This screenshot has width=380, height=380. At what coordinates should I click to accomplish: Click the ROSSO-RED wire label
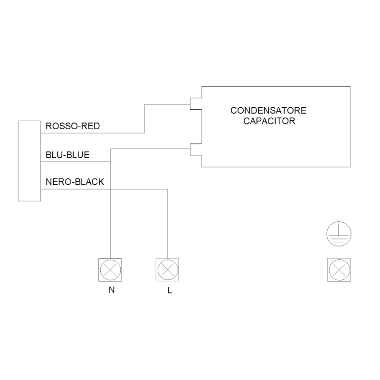[73, 126]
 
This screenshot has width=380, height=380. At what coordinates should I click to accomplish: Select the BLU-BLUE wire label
[67, 155]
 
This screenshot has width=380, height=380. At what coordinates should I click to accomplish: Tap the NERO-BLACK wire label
[75, 182]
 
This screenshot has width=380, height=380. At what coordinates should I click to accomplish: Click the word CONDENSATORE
[268, 111]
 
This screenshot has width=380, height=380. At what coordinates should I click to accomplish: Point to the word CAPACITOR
[269, 121]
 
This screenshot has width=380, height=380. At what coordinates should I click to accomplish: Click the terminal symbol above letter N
[110, 270]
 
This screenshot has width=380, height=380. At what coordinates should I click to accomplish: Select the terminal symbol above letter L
[167, 270]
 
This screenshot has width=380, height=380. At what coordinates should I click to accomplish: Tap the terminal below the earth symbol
[339, 270]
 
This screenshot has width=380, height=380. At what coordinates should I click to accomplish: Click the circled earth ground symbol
[339, 234]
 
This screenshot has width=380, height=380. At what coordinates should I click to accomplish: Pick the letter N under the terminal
[112, 290]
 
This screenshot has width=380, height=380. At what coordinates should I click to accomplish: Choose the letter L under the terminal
[170, 290]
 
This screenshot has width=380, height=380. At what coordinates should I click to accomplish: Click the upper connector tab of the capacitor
[196, 104]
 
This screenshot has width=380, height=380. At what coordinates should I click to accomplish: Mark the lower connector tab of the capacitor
[196, 150]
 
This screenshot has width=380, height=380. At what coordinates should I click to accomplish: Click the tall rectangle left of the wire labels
[29, 161]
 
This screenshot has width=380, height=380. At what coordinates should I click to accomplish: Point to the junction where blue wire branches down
[111, 161]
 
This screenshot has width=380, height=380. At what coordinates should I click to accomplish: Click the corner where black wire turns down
[168, 189]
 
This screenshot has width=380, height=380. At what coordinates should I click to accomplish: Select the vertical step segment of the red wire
[144, 119]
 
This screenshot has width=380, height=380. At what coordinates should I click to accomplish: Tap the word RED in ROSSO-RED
[91, 126]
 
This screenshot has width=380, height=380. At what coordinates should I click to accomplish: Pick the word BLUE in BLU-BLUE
[78, 155]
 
